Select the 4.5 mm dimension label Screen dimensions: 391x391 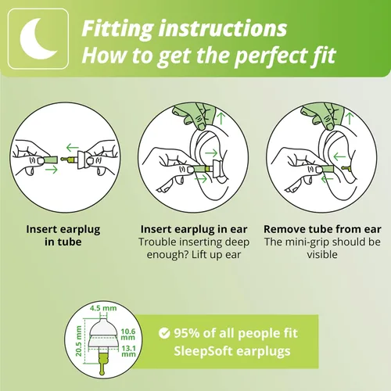click(x=103, y=308)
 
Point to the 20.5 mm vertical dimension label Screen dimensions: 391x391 click(x=78, y=341)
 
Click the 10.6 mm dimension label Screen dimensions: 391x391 click(x=127, y=335)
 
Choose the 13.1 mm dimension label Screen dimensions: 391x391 click(x=128, y=351)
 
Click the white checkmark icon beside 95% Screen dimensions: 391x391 click(x=164, y=333)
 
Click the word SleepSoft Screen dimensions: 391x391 click(x=203, y=351)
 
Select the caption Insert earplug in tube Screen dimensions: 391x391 click(x=63, y=235)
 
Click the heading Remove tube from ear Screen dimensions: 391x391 click(x=322, y=229)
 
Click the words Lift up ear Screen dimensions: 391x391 click(x=216, y=255)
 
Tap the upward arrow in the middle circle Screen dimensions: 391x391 click(x=221, y=118)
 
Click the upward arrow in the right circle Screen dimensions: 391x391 click(x=349, y=118)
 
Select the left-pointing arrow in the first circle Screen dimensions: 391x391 click(x=72, y=148)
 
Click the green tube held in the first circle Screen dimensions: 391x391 click(x=50, y=160)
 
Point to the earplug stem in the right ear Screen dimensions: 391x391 click(x=346, y=167)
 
